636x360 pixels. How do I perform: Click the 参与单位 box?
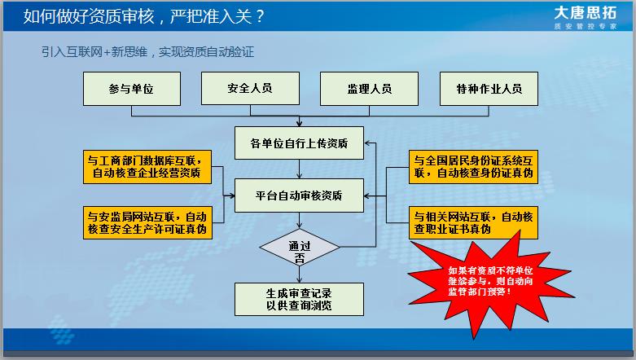point(130,88)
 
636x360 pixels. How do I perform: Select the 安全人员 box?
point(249,88)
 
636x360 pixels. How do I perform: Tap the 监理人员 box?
point(369,88)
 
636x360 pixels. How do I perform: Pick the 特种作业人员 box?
point(489,88)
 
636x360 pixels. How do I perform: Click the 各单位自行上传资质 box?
point(299,143)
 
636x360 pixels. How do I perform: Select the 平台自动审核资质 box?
point(299,195)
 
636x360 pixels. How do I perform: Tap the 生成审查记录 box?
point(299,299)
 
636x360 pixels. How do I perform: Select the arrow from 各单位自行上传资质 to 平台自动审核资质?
point(299,169)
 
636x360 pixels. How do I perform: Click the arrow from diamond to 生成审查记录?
point(299,274)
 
